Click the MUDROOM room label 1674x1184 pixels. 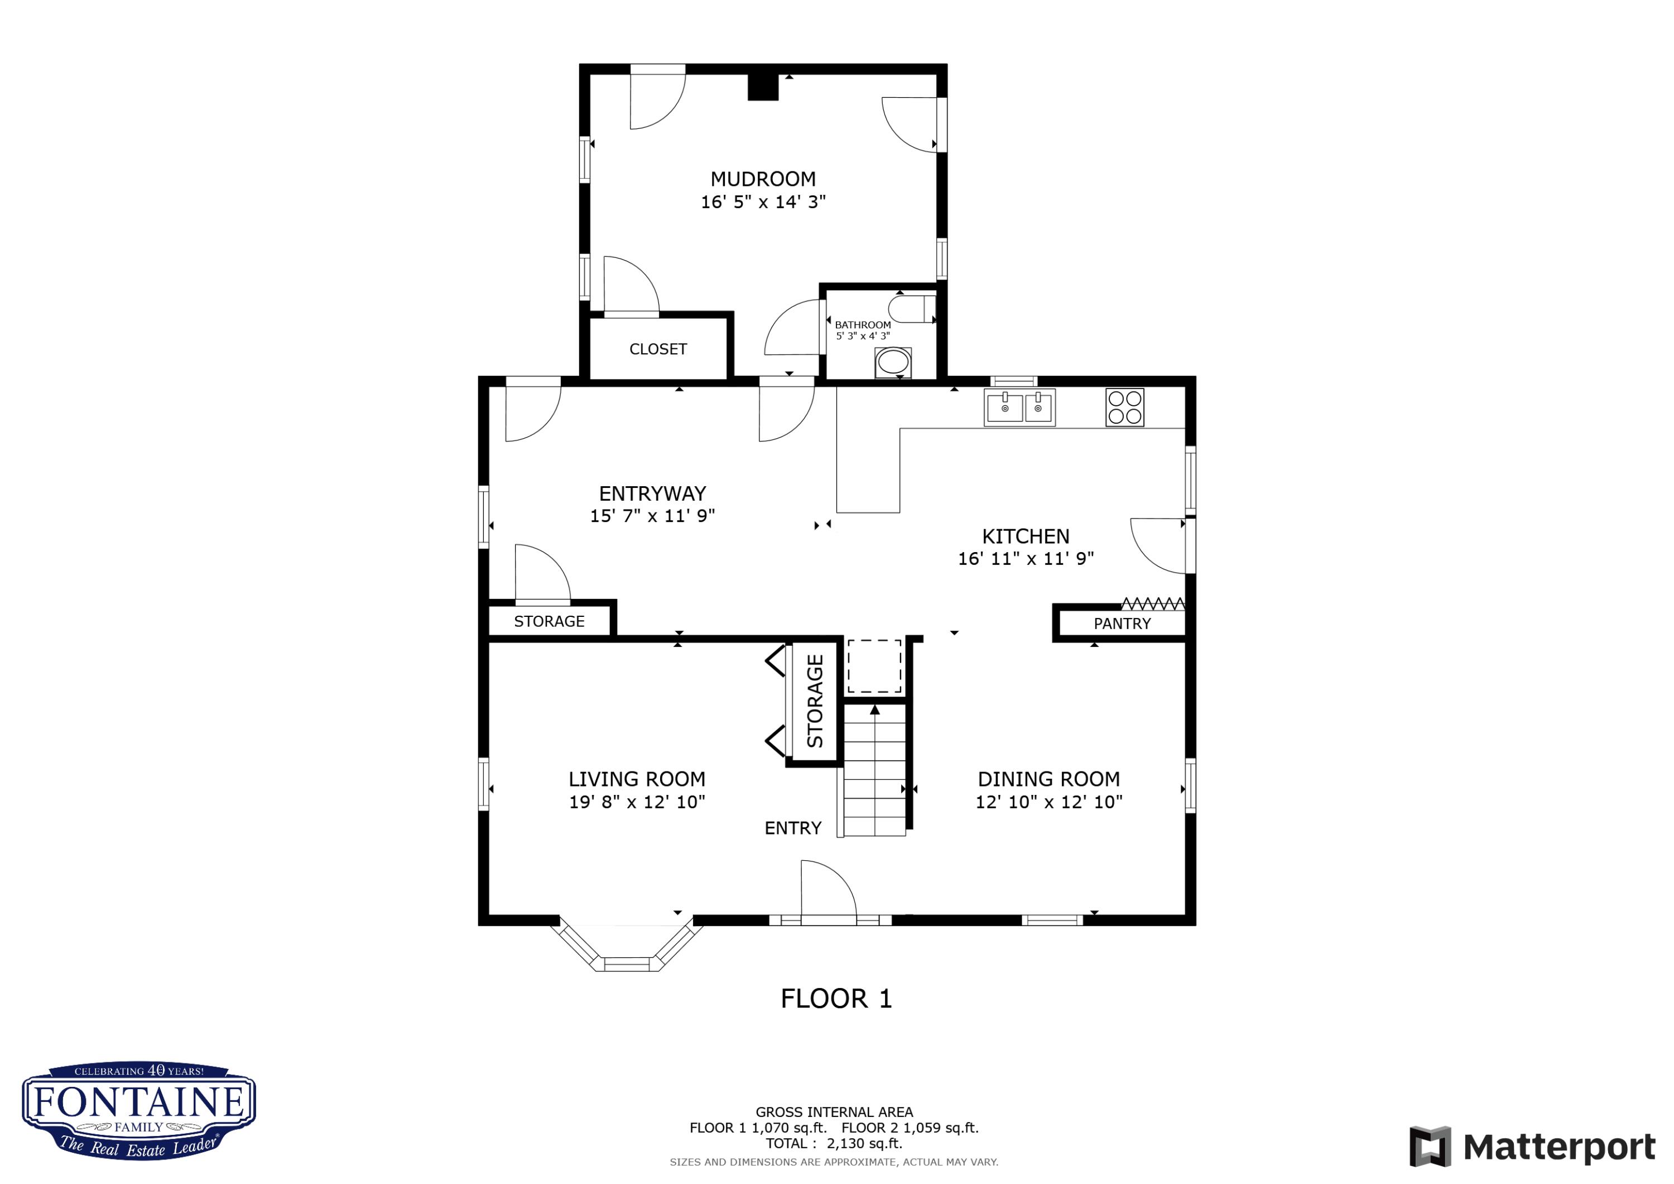coord(763,179)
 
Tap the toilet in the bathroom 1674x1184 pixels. coord(912,309)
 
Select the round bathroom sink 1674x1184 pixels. coord(893,362)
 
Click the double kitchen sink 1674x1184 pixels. coord(1020,407)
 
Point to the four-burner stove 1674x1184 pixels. coord(1125,407)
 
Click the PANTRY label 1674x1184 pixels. coord(1122,624)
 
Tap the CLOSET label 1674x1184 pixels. coord(658,349)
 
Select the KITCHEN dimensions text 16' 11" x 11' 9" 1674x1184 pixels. coord(1026,559)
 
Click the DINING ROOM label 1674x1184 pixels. coord(1048,779)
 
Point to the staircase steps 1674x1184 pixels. coord(875,770)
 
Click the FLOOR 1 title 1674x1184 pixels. coord(836,999)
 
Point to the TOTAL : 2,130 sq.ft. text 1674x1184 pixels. coord(834,1143)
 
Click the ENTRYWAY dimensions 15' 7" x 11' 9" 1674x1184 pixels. coord(652,516)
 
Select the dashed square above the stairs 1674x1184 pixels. coord(874,665)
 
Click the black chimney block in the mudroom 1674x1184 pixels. coord(763,86)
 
